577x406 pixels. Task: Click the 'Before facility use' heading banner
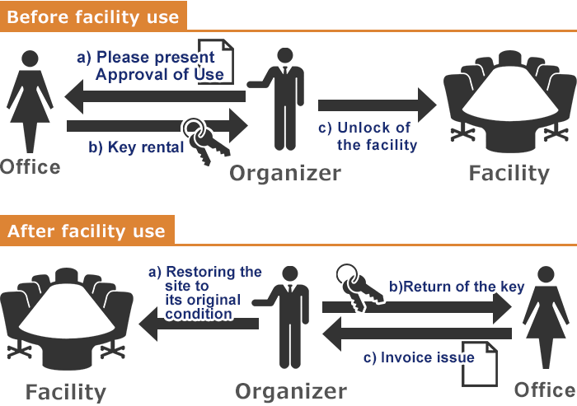point(93,16)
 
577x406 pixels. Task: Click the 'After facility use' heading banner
point(87,230)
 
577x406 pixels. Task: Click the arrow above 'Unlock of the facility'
point(378,105)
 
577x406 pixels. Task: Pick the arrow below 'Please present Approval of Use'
point(155,96)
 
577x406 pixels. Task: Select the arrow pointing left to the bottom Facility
point(199,324)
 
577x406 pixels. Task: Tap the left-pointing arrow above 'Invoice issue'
point(417,334)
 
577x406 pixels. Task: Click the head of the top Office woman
point(30,58)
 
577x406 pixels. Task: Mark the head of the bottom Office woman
point(546,275)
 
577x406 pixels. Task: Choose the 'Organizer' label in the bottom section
point(291,391)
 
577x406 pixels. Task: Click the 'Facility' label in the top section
point(509,173)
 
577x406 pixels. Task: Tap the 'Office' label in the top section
point(30,167)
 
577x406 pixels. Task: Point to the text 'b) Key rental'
point(136,147)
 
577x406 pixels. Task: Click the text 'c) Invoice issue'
point(419,357)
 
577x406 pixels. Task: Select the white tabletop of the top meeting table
point(509,94)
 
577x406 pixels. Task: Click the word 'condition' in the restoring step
point(199,314)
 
